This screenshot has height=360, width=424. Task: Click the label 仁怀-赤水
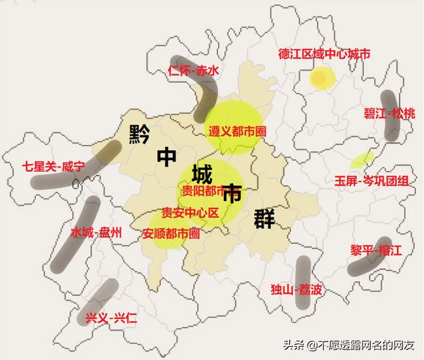(193, 71)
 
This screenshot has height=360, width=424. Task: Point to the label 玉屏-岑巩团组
(371, 181)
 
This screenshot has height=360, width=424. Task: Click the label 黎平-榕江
(376, 251)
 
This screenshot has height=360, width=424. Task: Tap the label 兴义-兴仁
(111, 318)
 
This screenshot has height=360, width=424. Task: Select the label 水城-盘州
(96, 232)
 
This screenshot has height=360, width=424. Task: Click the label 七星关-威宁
(53, 167)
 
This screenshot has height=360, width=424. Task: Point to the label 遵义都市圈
(237, 131)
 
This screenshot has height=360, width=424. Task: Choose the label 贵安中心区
(190, 213)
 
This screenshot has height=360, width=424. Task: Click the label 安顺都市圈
(171, 233)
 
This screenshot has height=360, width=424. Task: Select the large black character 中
(168, 157)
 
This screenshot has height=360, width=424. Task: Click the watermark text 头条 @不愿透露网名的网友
(348, 345)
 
